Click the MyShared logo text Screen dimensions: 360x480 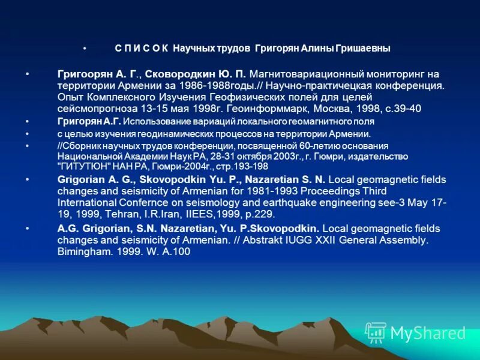428,333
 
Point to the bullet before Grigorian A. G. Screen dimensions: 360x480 27,179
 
